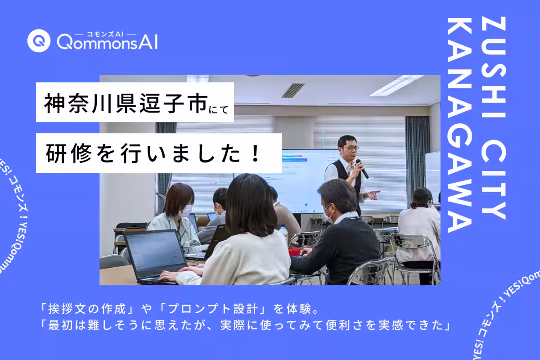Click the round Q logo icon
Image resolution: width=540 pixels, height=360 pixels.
point(38,41)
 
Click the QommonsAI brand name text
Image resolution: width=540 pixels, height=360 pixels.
point(107,43)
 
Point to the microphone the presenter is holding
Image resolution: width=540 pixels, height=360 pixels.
point(362,168)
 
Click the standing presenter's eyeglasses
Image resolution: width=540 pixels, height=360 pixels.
point(350,148)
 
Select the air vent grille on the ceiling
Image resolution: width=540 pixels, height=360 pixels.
point(293,90)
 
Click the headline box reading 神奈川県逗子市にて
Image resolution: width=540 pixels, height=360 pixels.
point(135,102)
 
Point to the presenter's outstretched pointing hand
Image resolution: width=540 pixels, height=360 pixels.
point(373,194)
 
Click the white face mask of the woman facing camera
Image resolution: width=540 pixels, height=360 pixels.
point(186,210)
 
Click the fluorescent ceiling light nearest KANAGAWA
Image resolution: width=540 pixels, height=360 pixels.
point(396,85)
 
